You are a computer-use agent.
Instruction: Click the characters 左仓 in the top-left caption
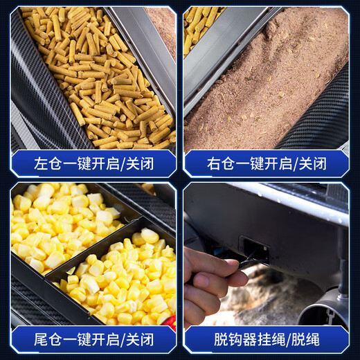47,164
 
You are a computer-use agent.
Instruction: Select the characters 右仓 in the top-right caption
220,164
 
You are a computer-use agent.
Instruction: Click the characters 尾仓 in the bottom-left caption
47,340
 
